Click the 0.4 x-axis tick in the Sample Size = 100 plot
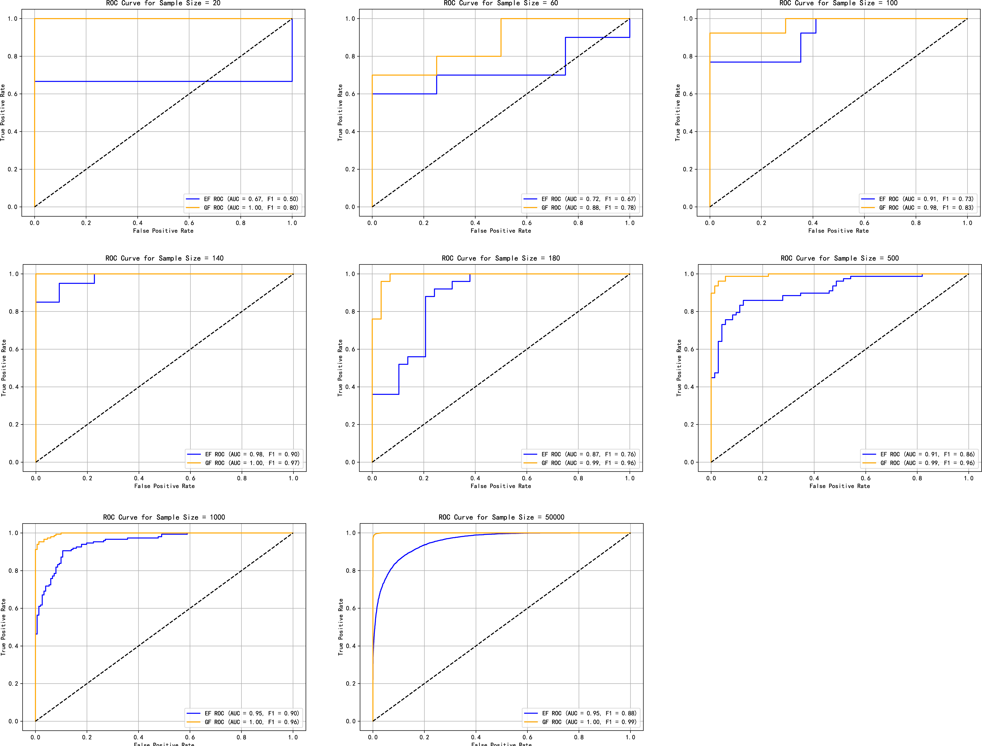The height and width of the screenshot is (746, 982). (x=813, y=223)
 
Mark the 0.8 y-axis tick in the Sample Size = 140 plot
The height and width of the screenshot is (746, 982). (x=14, y=312)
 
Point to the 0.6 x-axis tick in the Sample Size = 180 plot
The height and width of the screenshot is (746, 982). (x=527, y=478)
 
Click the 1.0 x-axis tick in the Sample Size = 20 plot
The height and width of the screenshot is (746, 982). (x=292, y=223)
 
